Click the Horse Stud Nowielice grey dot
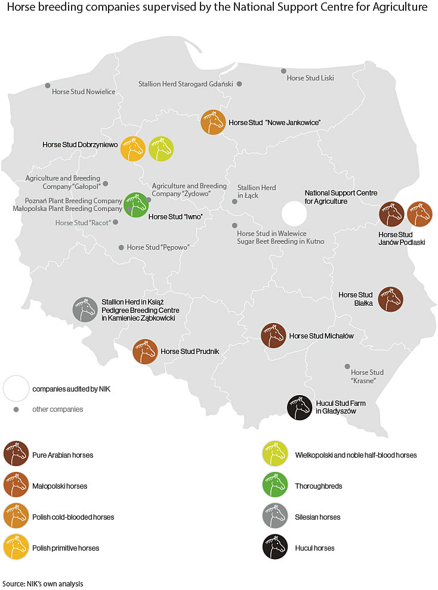[x=48, y=86]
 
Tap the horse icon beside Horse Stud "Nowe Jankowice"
[x=212, y=122]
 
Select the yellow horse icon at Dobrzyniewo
[x=133, y=148]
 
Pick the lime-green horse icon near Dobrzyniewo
[x=161, y=148]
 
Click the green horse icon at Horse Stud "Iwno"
[x=135, y=205]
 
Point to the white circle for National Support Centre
[x=292, y=213]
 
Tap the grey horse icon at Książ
[x=85, y=309]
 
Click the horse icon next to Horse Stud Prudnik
[x=144, y=351]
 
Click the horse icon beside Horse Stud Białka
[x=390, y=299]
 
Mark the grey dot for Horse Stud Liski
[x=284, y=71]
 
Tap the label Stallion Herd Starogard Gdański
[x=185, y=84]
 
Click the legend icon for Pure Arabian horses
[x=16, y=455]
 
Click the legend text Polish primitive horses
[x=66, y=548]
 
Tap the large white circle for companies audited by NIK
[x=16, y=389]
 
